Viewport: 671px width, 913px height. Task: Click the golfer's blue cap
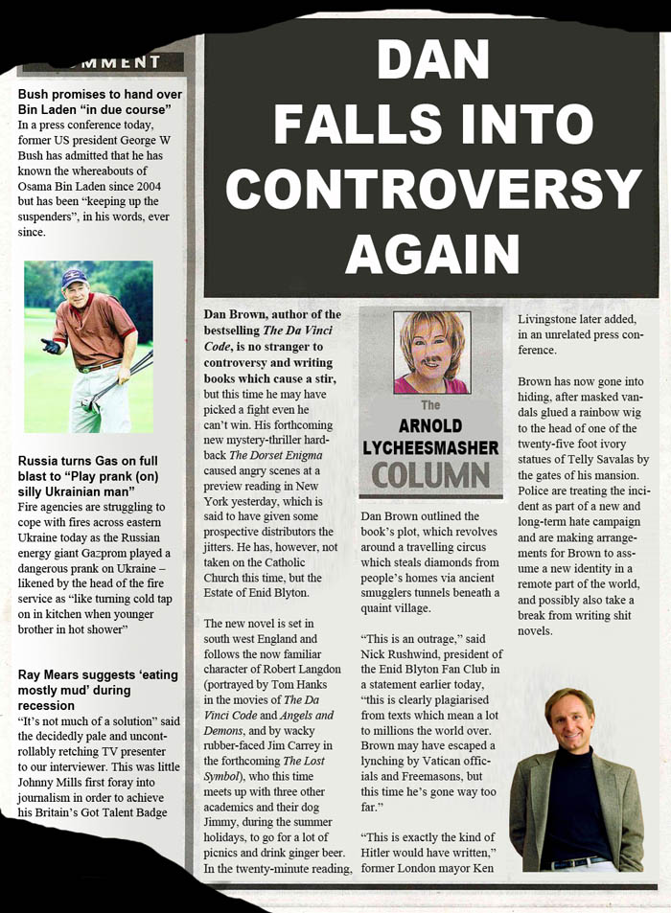[74, 277]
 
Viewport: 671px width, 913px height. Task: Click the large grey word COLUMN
[431, 476]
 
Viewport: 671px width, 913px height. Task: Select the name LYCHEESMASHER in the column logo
[431, 447]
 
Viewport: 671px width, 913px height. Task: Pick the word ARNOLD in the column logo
[430, 425]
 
